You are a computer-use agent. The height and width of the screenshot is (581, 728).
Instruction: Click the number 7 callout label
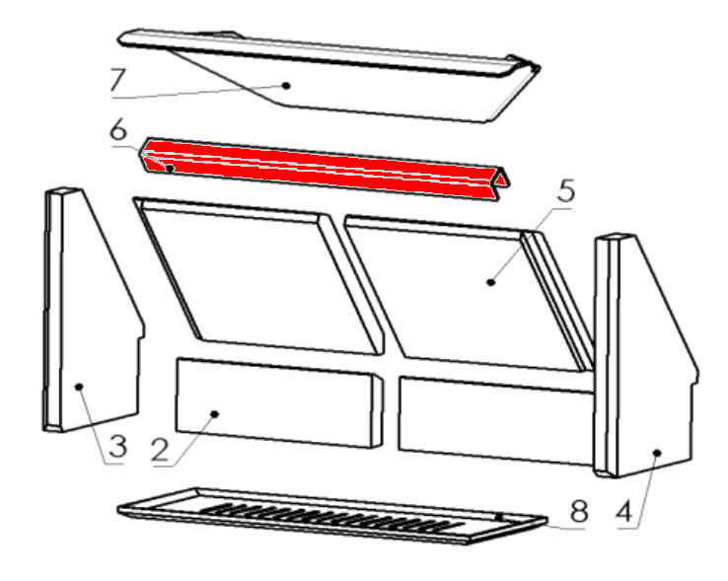(118, 80)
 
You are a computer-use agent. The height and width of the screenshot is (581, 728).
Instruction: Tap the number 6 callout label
(118, 130)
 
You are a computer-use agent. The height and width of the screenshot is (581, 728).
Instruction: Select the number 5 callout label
(566, 191)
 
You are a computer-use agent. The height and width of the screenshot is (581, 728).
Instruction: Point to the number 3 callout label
(118, 446)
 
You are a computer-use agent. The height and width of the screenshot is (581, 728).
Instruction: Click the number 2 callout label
(160, 450)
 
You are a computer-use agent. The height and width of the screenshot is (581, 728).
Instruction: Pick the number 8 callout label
(579, 511)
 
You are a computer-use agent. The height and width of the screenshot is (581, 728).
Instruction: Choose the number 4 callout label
(624, 513)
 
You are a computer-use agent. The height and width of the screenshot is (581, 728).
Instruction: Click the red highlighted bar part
(325, 171)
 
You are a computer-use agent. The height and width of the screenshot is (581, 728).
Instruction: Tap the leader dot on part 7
(287, 86)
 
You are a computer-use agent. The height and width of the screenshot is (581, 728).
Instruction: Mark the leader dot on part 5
(491, 281)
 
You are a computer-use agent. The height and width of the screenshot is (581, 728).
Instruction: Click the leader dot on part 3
(79, 387)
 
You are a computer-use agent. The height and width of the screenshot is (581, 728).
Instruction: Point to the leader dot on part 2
(214, 413)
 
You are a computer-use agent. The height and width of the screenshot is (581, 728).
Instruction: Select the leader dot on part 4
(657, 453)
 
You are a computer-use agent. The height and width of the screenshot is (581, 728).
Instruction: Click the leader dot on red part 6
(170, 168)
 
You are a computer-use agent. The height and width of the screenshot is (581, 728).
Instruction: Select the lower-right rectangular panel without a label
(496, 420)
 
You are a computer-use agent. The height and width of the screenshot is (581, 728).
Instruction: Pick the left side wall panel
(93, 311)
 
